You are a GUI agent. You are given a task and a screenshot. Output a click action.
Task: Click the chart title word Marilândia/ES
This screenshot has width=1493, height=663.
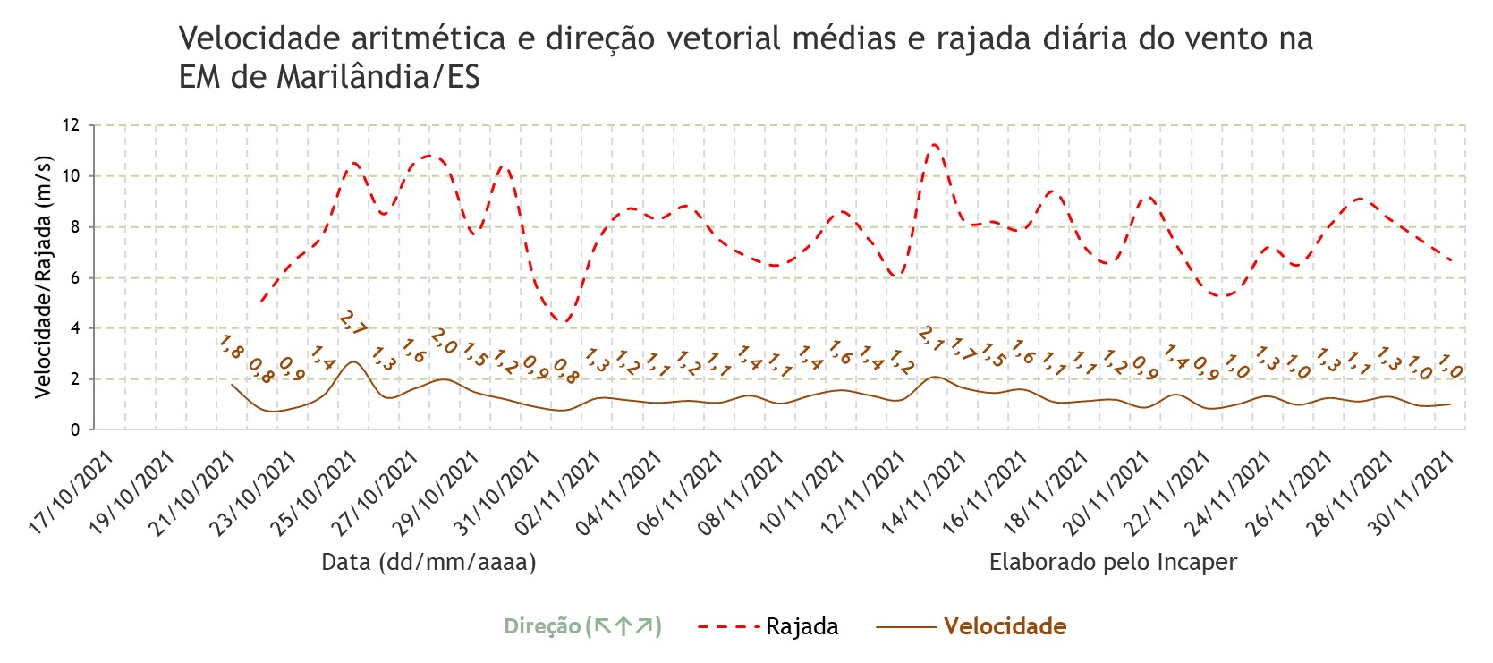tap(377, 77)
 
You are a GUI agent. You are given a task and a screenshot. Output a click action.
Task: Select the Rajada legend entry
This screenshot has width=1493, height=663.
tap(768, 626)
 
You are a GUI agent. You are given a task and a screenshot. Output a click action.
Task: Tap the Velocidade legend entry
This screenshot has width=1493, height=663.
tap(971, 626)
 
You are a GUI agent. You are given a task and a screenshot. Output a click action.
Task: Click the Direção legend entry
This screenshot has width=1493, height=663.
tap(582, 626)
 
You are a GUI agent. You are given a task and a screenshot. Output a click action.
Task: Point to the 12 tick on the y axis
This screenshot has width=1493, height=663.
tap(71, 125)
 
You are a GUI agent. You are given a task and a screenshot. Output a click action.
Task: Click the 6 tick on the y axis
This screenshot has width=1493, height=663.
tap(74, 278)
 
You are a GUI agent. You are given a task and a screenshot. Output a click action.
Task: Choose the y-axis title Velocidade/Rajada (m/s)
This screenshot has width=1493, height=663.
tap(43, 277)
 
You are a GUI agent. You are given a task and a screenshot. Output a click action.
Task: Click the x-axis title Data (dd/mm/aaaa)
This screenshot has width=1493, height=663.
tap(428, 563)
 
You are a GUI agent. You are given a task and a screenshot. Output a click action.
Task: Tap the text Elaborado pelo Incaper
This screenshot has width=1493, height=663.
tap(1113, 563)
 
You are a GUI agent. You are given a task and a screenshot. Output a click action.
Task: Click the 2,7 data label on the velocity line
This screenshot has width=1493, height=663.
tap(352, 323)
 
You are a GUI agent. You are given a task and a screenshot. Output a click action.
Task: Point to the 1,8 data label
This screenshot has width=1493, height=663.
tap(232, 347)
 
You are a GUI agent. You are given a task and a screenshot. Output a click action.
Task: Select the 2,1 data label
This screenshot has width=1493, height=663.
tap(932, 338)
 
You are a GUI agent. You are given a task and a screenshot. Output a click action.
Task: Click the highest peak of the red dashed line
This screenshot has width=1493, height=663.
tap(935, 144)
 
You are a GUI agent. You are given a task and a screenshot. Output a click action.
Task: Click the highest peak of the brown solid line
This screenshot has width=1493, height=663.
tap(353, 361)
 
